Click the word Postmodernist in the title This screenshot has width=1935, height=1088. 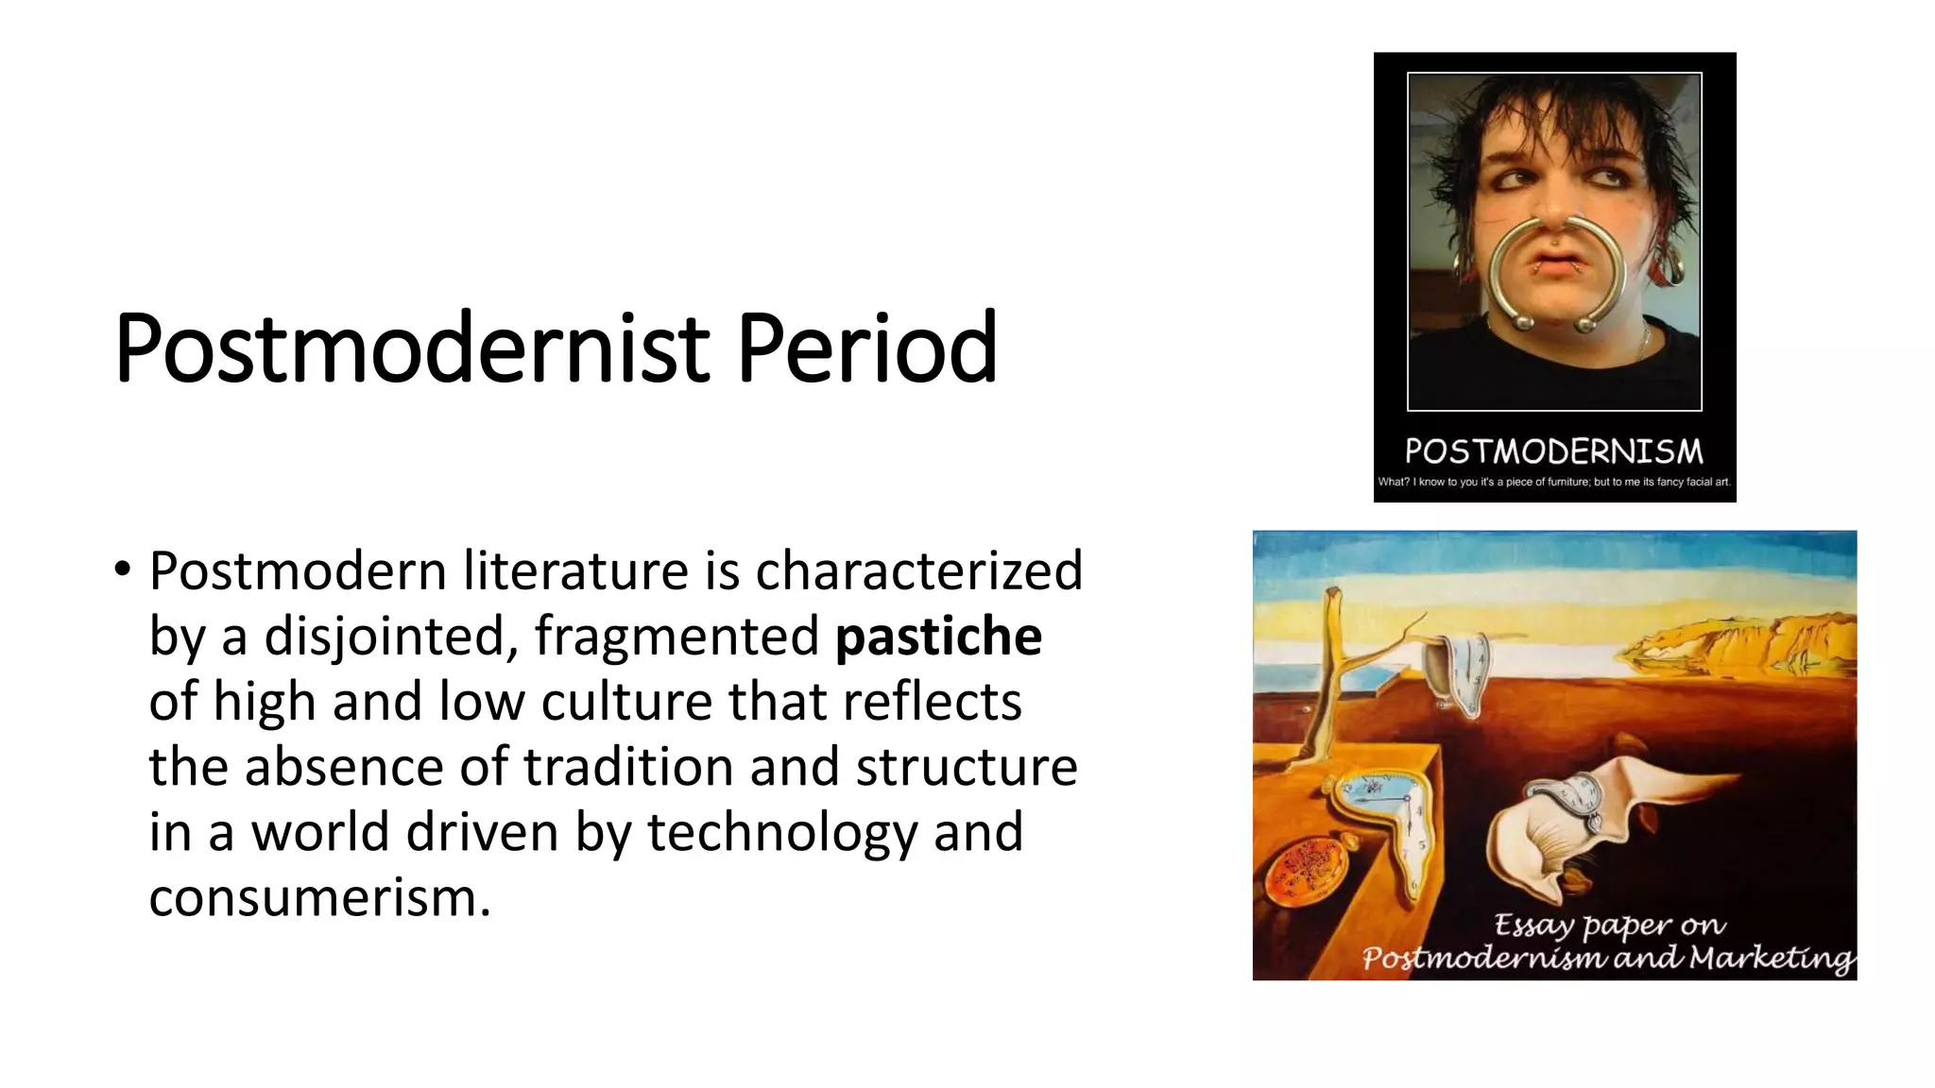(412, 348)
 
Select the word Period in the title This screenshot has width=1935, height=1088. (866, 348)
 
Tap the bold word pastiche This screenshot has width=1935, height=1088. (938, 637)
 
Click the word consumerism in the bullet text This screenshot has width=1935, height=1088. (318, 897)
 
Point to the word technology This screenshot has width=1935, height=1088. (781, 833)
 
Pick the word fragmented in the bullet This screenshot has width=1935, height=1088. (676, 637)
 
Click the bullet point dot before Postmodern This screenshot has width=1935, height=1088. (122, 569)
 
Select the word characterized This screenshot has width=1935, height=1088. (918, 571)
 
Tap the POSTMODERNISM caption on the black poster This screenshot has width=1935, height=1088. (1554, 451)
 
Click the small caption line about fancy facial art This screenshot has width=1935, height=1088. (1554, 482)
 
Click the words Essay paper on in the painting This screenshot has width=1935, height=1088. (1609, 925)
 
